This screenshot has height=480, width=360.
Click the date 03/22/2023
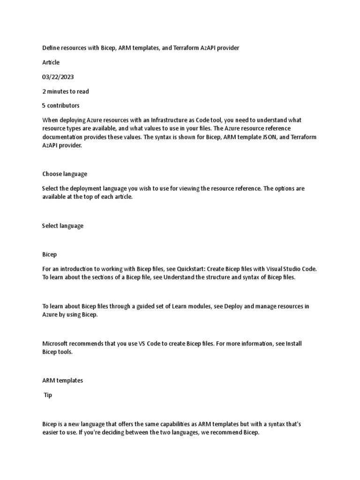click(x=58, y=77)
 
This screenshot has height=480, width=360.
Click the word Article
click(x=51, y=62)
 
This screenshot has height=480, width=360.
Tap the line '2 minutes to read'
click(x=66, y=91)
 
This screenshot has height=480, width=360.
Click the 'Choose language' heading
click(x=65, y=174)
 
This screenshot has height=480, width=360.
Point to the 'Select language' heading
click(x=63, y=226)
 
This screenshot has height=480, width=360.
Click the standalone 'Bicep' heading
click(x=50, y=255)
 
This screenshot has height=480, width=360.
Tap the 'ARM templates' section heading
click(x=62, y=381)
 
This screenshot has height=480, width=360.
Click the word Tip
click(x=48, y=395)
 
